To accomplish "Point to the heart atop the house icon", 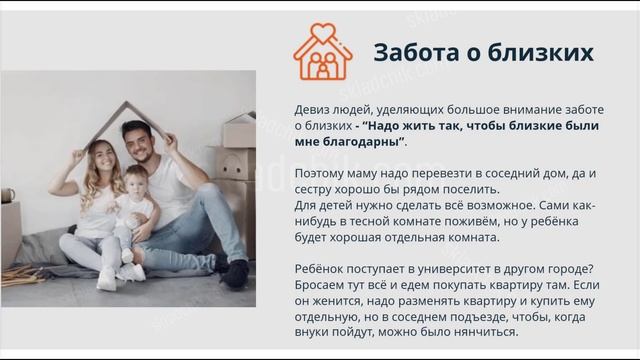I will pyautogui.click(x=322, y=32).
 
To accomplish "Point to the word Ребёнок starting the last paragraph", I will pyautogui.click(x=321, y=269).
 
